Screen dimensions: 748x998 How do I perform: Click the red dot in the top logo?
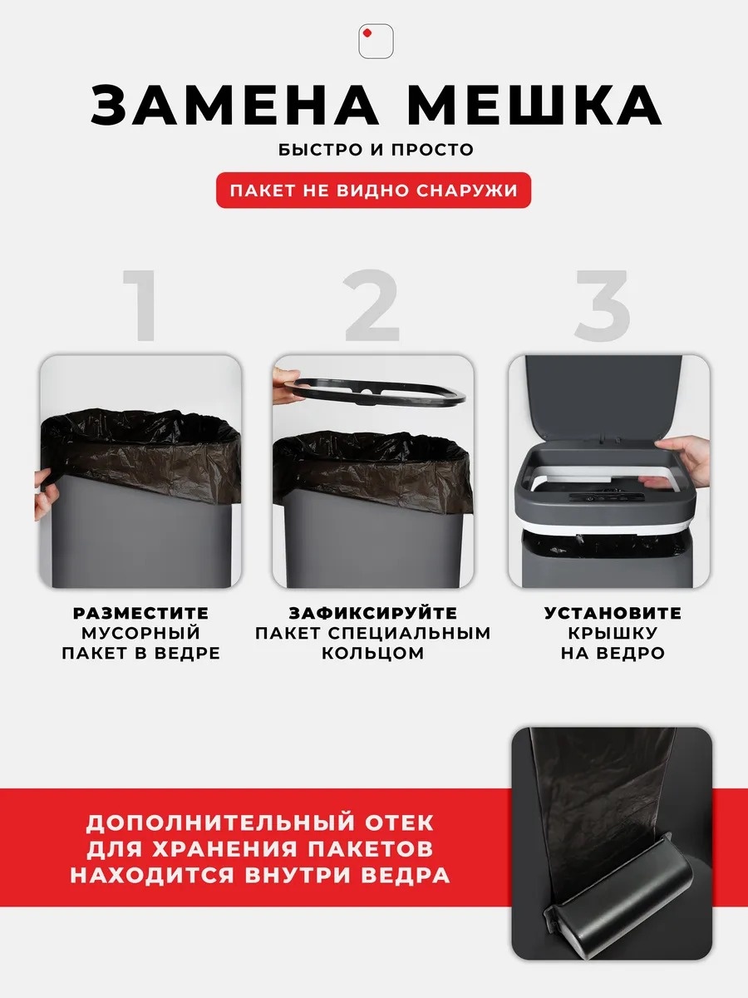point(367,33)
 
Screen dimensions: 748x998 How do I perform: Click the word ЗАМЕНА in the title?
point(234,106)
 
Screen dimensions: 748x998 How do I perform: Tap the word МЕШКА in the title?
point(534,106)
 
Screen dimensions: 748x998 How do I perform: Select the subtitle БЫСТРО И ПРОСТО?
point(376,150)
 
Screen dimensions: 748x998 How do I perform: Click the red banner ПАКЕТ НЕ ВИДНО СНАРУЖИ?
point(373,190)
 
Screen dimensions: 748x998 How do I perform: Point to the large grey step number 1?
point(140,305)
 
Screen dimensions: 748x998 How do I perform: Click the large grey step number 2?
point(372,305)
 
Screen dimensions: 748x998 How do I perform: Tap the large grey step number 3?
point(603,305)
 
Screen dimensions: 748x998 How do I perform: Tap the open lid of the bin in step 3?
point(603,398)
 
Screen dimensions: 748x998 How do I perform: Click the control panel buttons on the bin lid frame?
point(608,497)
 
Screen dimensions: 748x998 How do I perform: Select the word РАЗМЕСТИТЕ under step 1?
point(140,613)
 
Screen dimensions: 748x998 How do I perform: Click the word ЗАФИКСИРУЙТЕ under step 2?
point(373,613)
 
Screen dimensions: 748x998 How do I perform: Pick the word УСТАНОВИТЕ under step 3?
point(613,613)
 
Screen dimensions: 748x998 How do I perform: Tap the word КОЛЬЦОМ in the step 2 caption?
point(373,654)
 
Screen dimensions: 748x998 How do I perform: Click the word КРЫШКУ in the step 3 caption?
point(613,634)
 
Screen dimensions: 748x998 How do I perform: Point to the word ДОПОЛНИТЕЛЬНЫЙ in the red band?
point(219,823)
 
